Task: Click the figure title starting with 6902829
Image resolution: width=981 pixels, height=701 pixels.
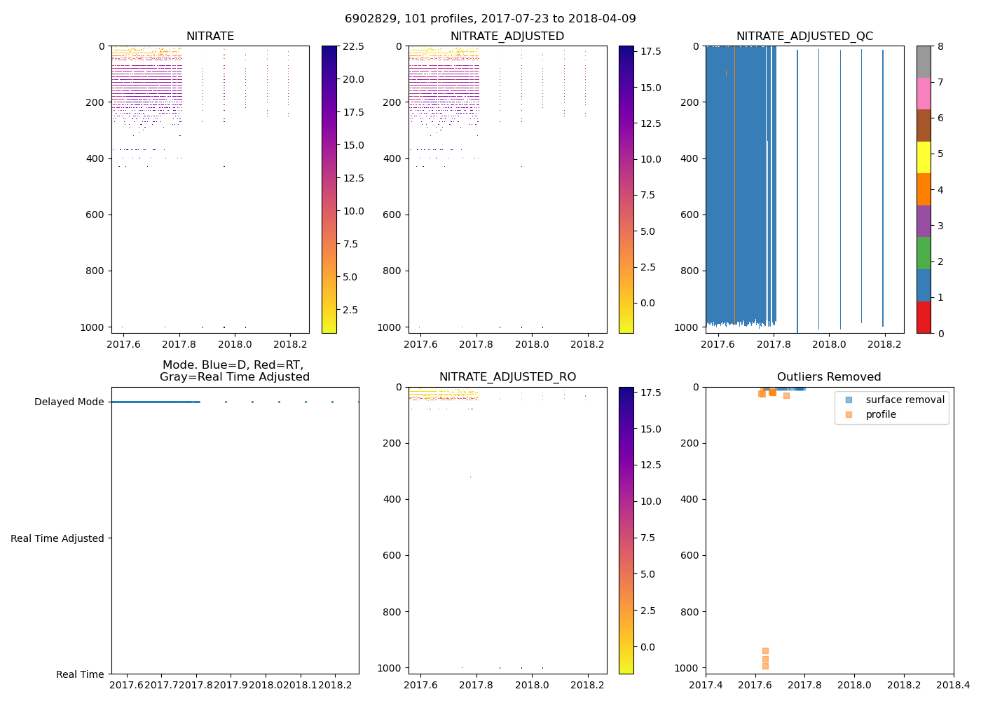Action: [x=490, y=19]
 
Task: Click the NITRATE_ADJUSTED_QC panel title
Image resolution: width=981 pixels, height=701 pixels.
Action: [x=804, y=36]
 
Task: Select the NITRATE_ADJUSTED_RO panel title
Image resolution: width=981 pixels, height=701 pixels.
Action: [x=507, y=377]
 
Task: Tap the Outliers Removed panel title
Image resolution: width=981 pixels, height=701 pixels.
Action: [x=829, y=377]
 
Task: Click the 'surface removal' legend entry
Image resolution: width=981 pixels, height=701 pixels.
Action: [x=905, y=400]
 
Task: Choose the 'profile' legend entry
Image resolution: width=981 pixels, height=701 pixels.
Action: [x=881, y=414]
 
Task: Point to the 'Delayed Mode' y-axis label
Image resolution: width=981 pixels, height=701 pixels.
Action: [x=69, y=402]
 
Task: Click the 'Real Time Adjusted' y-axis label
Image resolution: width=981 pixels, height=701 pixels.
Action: [x=57, y=538]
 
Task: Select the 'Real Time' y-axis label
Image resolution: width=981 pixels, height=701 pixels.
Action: [x=80, y=674]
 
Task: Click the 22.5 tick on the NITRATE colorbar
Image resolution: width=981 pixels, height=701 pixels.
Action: [x=353, y=46]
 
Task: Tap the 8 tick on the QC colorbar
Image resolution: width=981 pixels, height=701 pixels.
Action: [x=940, y=46]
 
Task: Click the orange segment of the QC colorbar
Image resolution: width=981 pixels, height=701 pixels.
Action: [x=924, y=189]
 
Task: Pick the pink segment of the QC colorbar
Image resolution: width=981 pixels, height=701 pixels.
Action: [x=924, y=93]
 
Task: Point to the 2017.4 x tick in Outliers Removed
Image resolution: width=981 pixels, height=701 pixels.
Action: [x=706, y=685]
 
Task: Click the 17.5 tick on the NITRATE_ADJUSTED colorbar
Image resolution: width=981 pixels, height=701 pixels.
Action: [x=651, y=51]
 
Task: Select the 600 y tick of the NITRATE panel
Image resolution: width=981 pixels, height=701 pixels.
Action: [x=97, y=215]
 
